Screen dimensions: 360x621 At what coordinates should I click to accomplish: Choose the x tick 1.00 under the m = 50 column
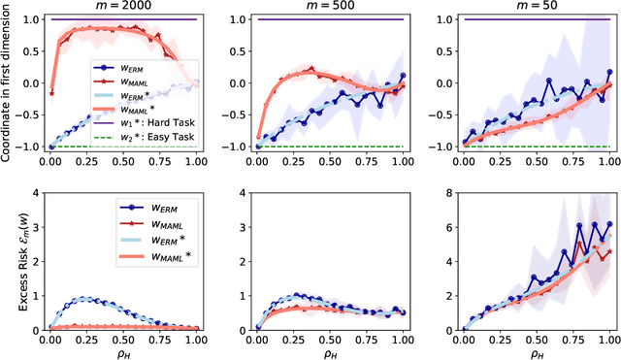607,337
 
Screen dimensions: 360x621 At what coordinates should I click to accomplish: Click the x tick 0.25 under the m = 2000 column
85,337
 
